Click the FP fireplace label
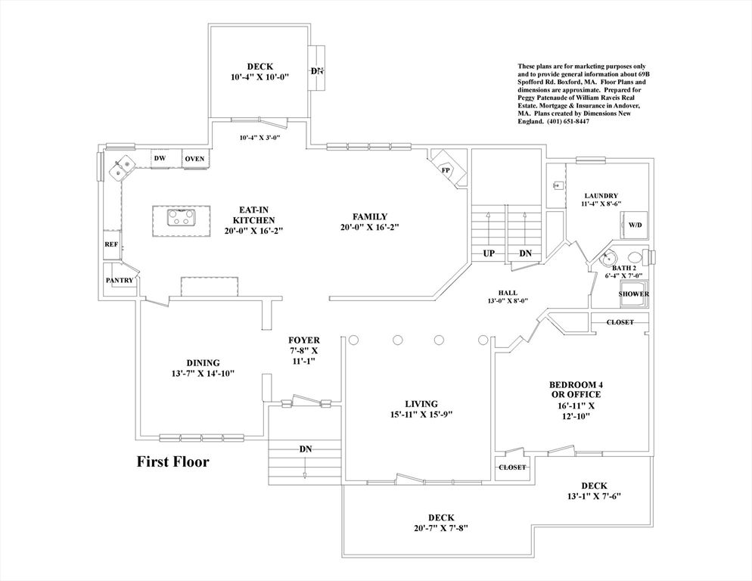446,170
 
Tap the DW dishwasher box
160,159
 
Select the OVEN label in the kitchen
194,159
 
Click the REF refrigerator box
110,245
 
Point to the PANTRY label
120,280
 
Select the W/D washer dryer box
634,225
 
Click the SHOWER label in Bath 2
633,294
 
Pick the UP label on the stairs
489,253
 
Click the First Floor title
173,461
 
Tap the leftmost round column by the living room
353,340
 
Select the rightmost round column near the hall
483,340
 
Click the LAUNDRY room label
601,196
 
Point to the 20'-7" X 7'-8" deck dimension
441,528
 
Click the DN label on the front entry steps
306,449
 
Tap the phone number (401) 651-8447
567,121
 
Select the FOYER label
304,340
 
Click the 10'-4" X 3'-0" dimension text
259,138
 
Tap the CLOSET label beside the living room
512,468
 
